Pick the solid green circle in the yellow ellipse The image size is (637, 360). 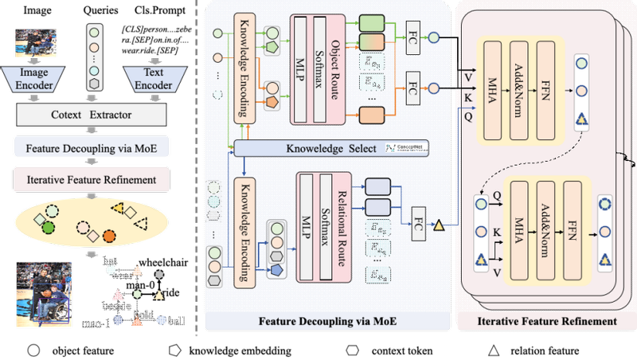(x=49, y=227)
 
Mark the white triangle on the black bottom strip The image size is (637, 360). (x=494, y=350)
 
